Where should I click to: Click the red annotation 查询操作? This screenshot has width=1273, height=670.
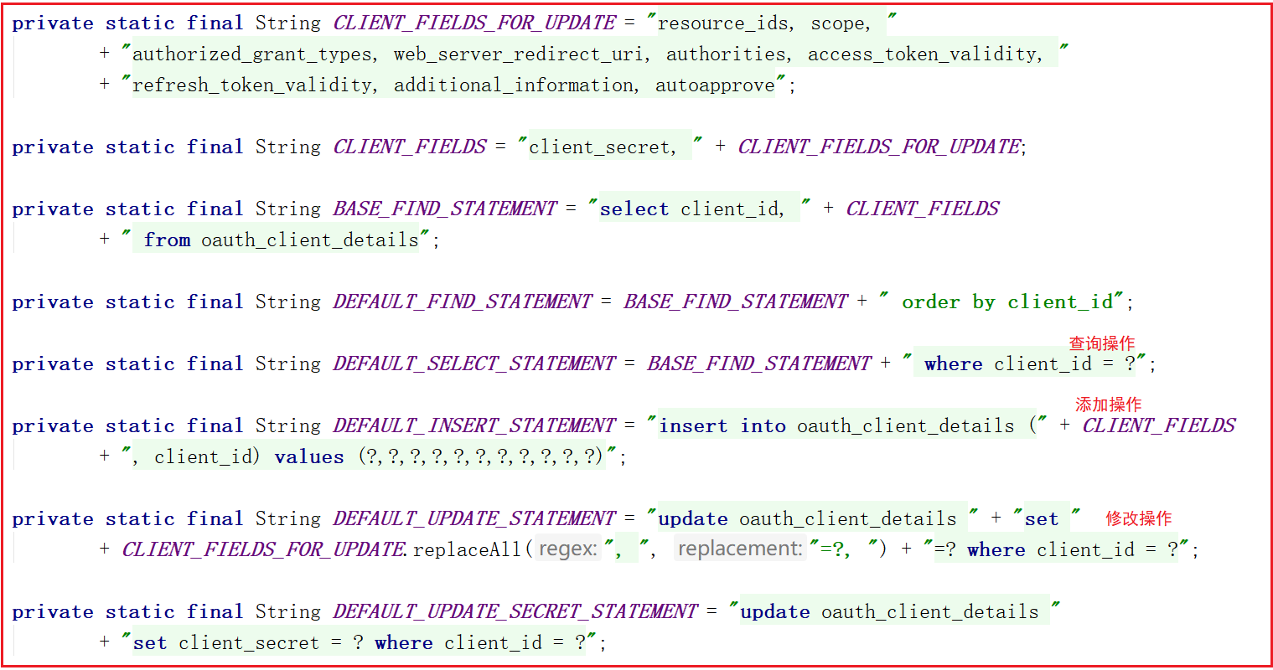[1101, 343]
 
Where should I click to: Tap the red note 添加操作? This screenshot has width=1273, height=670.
[1108, 405]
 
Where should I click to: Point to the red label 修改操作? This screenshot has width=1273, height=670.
[1138, 518]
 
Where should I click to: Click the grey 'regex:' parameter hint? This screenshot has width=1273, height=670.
[568, 549]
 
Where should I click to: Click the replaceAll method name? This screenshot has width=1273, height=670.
[467, 550]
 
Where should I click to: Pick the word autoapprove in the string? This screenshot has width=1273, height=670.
[715, 85]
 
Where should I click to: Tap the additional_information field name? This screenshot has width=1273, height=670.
[514, 85]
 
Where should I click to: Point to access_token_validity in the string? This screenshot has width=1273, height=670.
[924, 54]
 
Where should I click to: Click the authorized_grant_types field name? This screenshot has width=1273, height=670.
[252, 54]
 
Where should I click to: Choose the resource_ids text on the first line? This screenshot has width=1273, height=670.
[723, 23]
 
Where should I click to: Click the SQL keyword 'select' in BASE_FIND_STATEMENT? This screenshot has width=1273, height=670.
[634, 209]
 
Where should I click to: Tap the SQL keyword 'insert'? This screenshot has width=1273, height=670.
[693, 425]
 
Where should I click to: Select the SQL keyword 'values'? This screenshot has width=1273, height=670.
[309, 457]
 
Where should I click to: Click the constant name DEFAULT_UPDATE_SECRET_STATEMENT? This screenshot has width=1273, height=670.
[515, 611]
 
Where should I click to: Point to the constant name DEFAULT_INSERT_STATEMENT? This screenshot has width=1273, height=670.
[474, 425]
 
